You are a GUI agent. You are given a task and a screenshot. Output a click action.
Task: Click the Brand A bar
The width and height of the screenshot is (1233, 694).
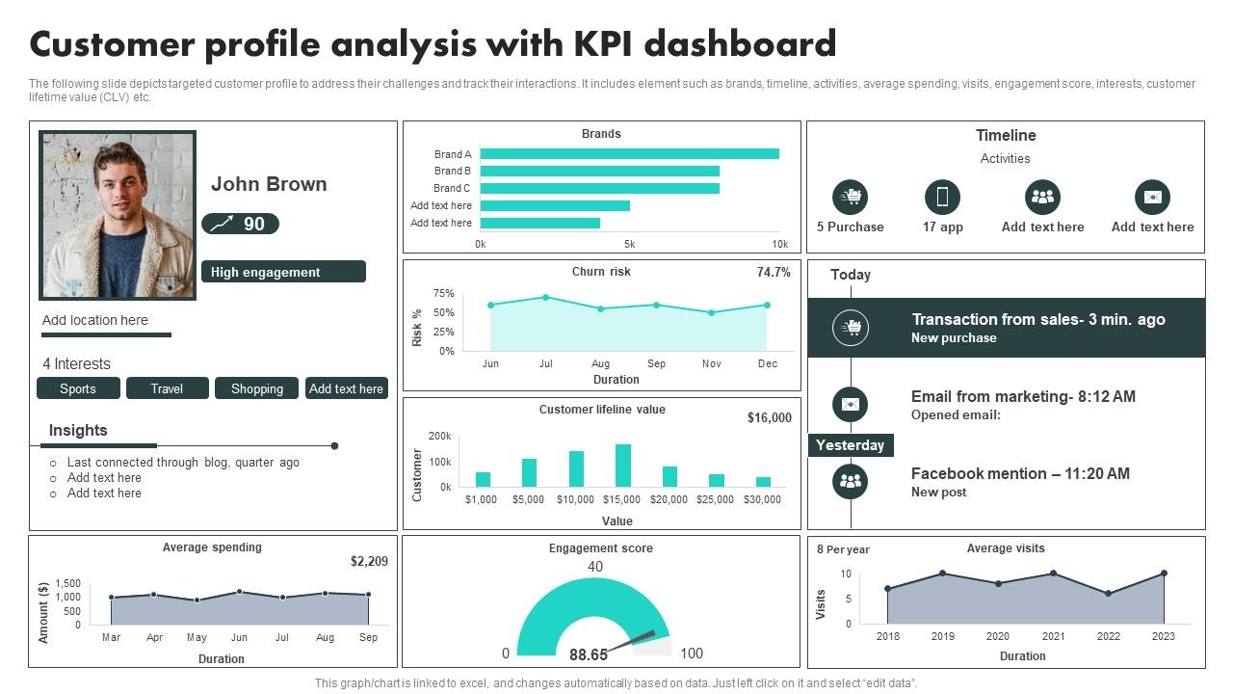click(x=629, y=153)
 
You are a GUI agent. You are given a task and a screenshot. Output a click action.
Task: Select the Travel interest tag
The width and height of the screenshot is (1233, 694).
click(x=167, y=388)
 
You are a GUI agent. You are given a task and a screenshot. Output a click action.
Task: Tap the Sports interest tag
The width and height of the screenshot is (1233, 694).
click(x=78, y=388)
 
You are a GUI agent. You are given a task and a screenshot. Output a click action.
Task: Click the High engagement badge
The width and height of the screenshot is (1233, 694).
click(x=283, y=272)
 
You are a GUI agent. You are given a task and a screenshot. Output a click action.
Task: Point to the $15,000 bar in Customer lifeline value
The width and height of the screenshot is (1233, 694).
click(x=623, y=465)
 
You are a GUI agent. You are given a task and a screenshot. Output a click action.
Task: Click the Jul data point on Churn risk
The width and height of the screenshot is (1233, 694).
click(x=546, y=297)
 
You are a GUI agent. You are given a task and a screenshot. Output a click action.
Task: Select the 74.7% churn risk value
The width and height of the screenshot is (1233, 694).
click(x=774, y=273)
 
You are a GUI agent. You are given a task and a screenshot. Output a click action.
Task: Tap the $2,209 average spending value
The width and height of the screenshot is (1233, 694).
click(x=369, y=561)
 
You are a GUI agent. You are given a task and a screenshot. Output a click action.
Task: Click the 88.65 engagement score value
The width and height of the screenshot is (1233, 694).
click(x=589, y=654)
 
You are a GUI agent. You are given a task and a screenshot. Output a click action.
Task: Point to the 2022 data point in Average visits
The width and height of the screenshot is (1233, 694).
click(x=1109, y=594)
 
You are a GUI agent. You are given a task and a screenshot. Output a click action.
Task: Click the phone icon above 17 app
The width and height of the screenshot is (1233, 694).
click(x=942, y=198)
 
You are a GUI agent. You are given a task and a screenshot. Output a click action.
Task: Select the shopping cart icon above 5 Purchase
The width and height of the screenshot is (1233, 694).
click(x=850, y=198)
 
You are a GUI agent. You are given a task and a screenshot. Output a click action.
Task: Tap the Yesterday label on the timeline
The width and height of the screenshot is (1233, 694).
click(x=850, y=445)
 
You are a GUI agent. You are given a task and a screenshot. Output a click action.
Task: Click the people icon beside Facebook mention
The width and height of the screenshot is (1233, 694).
click(x=850, y=481)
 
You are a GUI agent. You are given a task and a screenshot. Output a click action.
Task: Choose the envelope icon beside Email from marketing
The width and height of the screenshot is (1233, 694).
click(x=850, y=404)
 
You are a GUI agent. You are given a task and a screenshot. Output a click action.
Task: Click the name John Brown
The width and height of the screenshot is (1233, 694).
click(x=269, y=184)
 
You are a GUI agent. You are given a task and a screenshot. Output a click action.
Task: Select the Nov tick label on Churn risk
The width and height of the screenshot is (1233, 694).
click(x=712, y=363)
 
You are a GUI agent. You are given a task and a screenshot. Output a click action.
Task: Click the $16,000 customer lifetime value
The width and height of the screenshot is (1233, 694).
click(x=770, y=417)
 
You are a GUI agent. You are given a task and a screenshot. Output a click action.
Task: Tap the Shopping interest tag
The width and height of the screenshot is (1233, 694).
click(x=257, y=388)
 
